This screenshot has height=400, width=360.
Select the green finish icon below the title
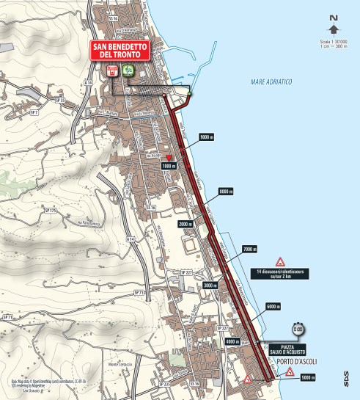pyautogui.click(x=128, y=71)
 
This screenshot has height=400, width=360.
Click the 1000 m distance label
pyautogui.click(x=170, y=167)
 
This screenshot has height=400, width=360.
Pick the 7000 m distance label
pyautogui.click(x=249, y=250)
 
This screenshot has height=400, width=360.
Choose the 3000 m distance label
pyautogui.click(x=212, y=285)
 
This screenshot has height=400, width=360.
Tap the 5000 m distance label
pyautogui.click(x=307, y=378)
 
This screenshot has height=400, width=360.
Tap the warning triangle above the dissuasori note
pyautogui.click(x=279, y=262)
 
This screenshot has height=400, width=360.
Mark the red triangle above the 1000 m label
pyautogui.click(x=169, y=158)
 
